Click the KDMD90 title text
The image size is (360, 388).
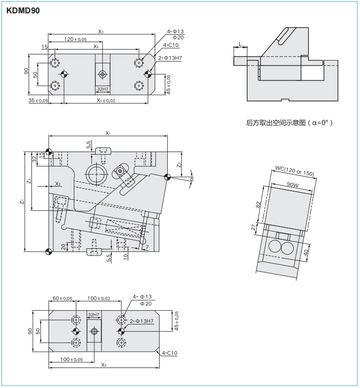[x=23, y=10]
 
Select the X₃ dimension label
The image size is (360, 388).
[x=101, y=31]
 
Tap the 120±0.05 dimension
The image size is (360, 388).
[x=76, y=39]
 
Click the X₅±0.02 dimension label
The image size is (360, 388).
[x=106, y=101]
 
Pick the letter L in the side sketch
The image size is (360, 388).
[x=240, y=44]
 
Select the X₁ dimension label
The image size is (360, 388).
[x=108, y=133]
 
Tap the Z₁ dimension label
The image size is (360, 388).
[x=22, y=202]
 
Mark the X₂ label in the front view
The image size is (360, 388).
[x=58, y=184]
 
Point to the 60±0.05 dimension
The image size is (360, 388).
[x=62, y=298]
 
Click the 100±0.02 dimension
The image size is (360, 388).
[x=99, y=298]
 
